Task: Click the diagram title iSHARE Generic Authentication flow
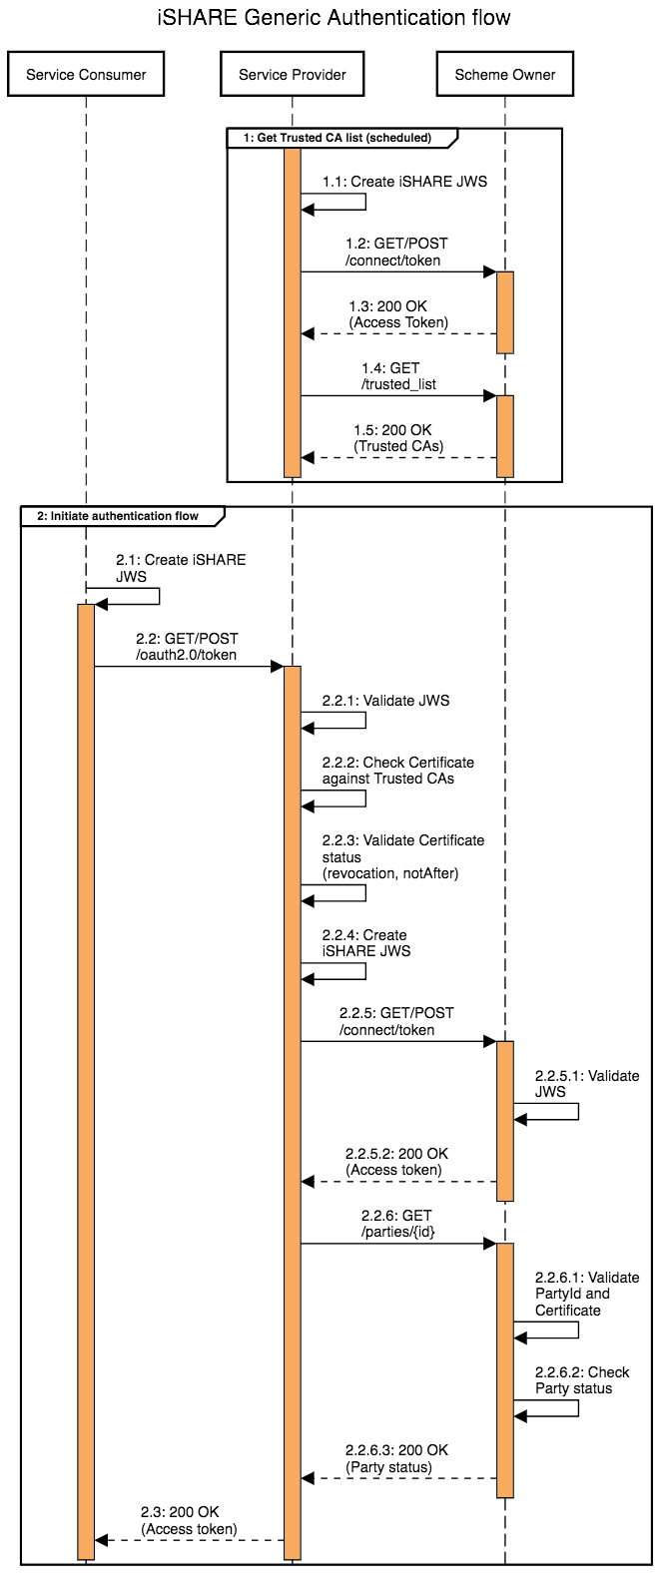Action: coord(334,18)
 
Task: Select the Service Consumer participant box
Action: coord(86,75)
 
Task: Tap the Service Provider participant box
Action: coord(293,75)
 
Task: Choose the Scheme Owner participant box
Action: coord(505,75)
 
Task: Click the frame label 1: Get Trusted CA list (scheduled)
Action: coord(343,138)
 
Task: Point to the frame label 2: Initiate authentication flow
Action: coord(118,516)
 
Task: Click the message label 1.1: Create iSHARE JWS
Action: coord(390,183)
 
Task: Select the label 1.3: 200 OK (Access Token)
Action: coord(397,314)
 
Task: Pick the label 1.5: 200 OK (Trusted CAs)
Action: coord(397,438)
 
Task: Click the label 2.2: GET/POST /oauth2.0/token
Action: coord(187,647)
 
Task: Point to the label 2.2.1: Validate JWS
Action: coord(385,701)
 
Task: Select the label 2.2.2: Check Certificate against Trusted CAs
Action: coord(397,771)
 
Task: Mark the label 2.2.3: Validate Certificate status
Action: coord(402,856)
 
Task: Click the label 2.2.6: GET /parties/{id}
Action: coord(397,1224)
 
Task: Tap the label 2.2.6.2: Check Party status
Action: coord(581,1380)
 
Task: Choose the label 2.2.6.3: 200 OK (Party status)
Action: coord(396,1458)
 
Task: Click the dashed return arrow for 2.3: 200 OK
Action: coord(190,1540)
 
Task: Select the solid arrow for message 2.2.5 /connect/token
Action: coord(398,1041)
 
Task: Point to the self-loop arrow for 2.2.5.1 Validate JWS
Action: coord(577,1111)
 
